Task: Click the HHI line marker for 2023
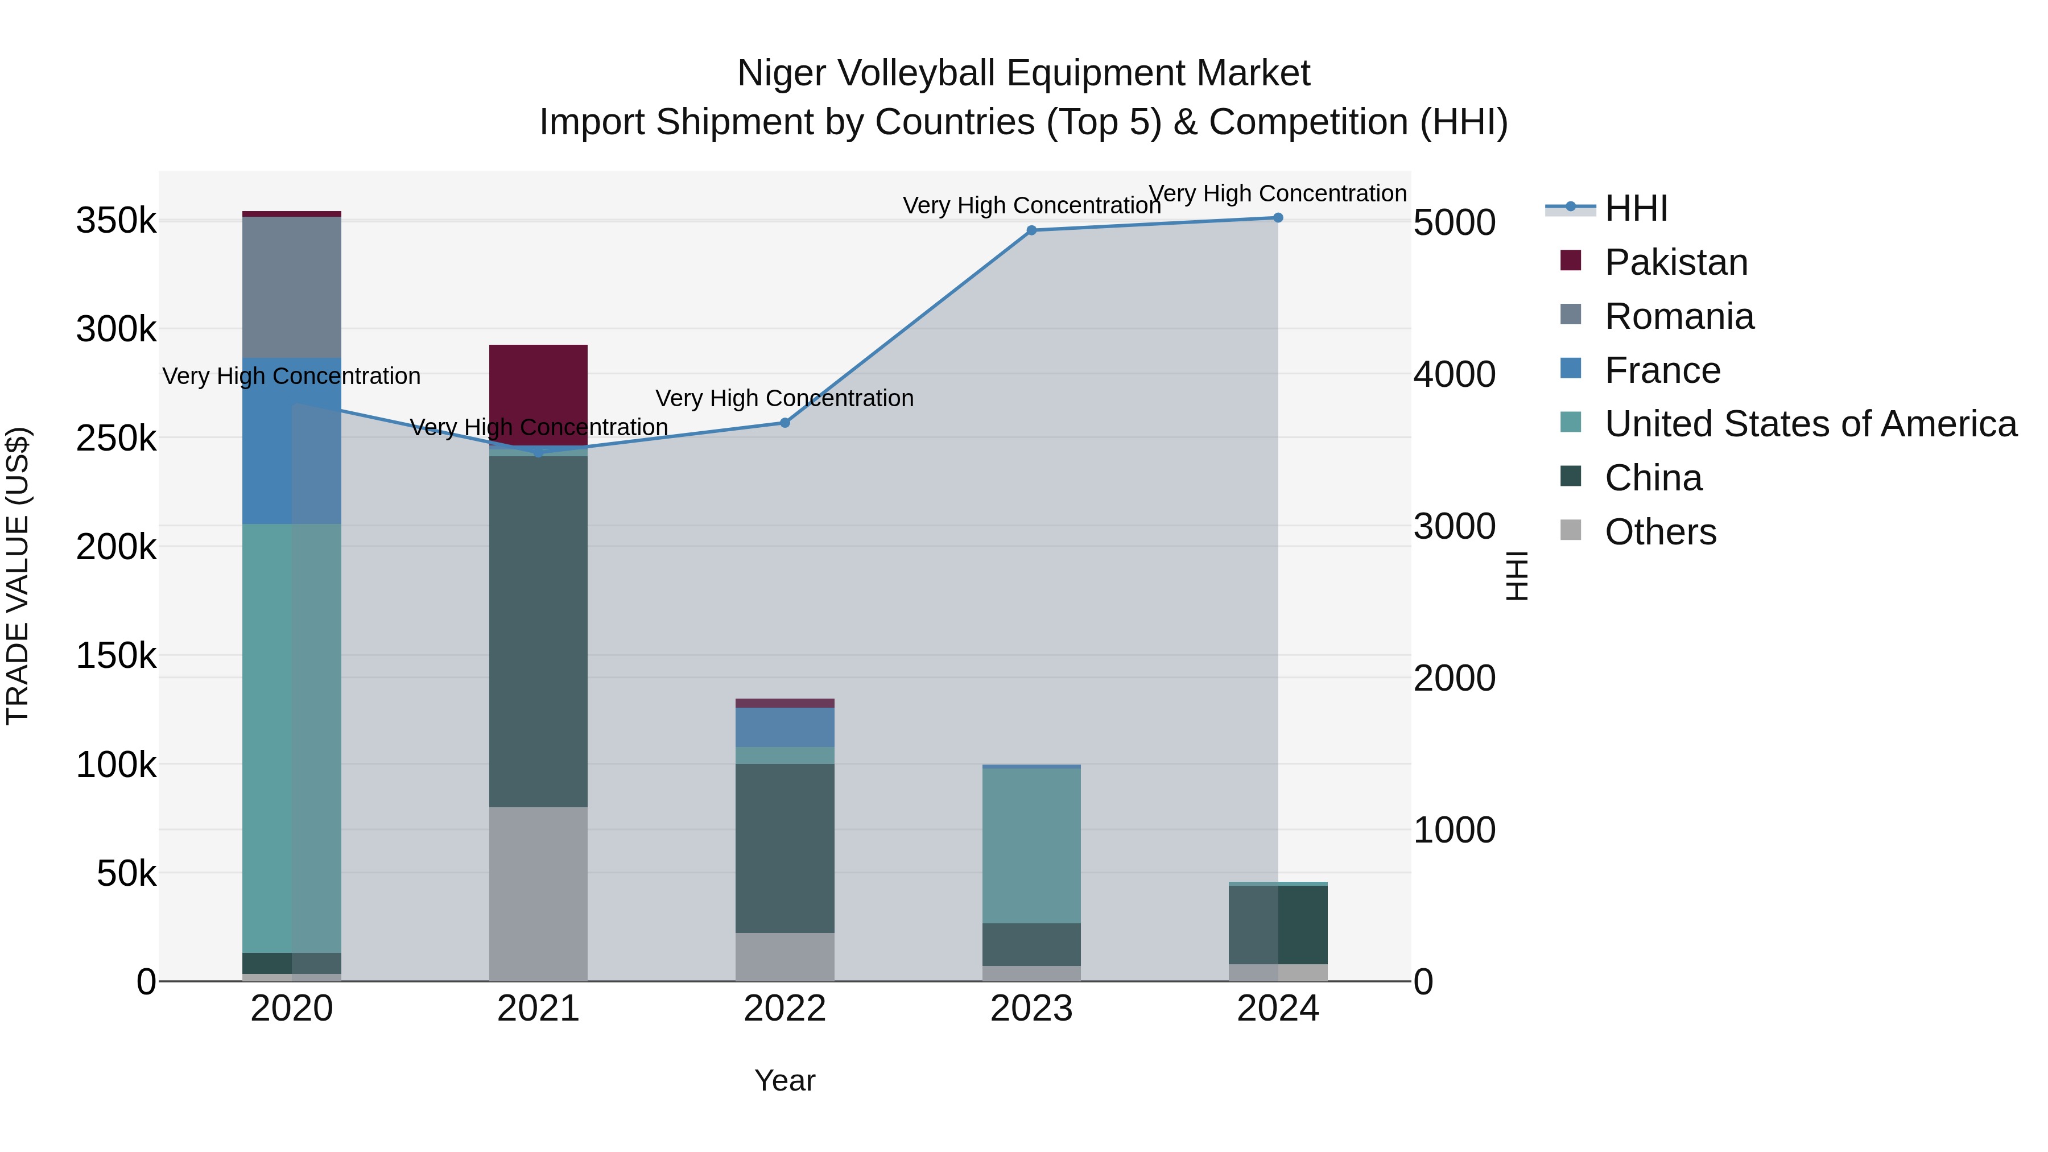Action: (x=1031, y=230)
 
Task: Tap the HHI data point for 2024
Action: (x=1278, y=218)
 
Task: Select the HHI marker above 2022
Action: (x=784, y=423)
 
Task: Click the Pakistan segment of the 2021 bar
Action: (x=538, y=394)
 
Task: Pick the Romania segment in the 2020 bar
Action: (x=292, y=286)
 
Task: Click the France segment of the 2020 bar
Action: (x=292, y=441)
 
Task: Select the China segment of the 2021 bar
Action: (x=538, y=632)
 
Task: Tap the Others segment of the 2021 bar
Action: (x=538, y=894)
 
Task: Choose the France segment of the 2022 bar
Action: (x=784, y=726)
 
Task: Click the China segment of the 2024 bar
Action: (x=1278, y=924)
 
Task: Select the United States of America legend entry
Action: (x=1810, y=424)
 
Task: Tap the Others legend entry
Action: (x=1660, y=532)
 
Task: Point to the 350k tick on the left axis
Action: (x=116, y=221)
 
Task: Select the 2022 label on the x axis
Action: (x=784, y=1009)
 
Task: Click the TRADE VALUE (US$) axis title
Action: (x=18, y=576)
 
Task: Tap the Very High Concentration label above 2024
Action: (x=1278, y=193)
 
